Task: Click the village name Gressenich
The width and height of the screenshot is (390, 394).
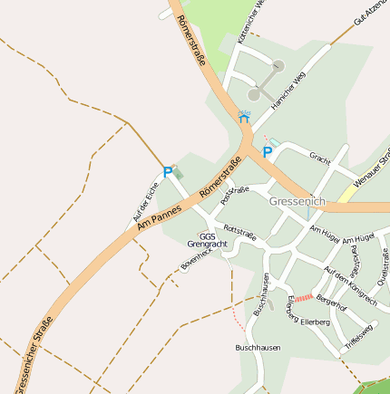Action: coord(297,200)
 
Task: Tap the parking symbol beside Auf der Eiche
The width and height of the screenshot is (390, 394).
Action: coord(168,171)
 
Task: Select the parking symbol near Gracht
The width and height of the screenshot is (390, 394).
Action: coord(267,153)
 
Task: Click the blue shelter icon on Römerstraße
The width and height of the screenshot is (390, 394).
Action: coord(243,116)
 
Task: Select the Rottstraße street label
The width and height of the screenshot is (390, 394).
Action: coord(239,234)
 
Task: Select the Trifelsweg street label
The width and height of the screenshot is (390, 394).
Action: coord(358,337)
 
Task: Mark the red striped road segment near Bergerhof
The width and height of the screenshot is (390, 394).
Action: coord(303,297)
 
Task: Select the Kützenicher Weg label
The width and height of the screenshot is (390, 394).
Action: coord(249,20)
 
